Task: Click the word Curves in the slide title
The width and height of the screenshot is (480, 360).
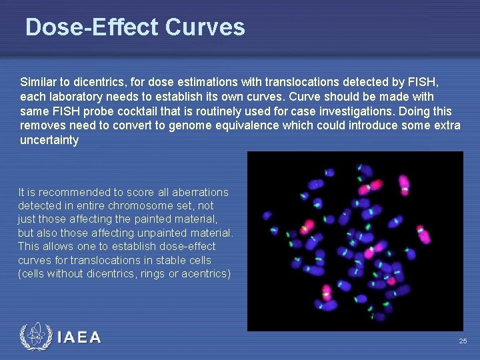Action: coord(205,27)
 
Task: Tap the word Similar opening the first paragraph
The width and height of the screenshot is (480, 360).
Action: coord(39,82)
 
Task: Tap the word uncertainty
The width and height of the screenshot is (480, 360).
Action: coord(49,141)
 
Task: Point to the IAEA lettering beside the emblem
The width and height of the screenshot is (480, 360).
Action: coord(79,338)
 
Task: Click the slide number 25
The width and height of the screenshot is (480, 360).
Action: coord(463,341)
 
